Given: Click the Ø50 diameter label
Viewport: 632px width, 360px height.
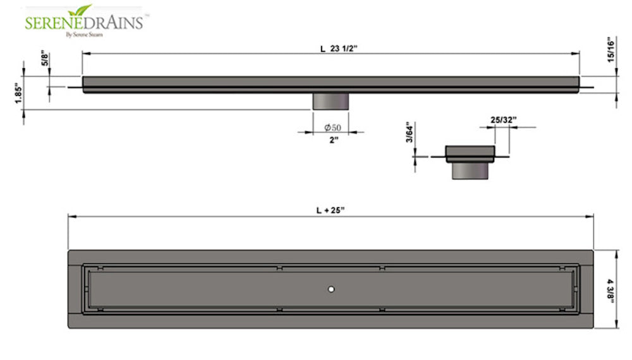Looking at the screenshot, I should coord(332,128).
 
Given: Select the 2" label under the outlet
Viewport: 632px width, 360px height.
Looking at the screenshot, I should coord(332,140).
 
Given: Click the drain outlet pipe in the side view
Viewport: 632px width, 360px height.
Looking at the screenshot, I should coord(331,101).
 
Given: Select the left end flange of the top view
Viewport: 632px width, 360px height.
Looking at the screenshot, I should coord(75,289).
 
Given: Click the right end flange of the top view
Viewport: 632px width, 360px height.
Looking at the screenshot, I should coord(587,289).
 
